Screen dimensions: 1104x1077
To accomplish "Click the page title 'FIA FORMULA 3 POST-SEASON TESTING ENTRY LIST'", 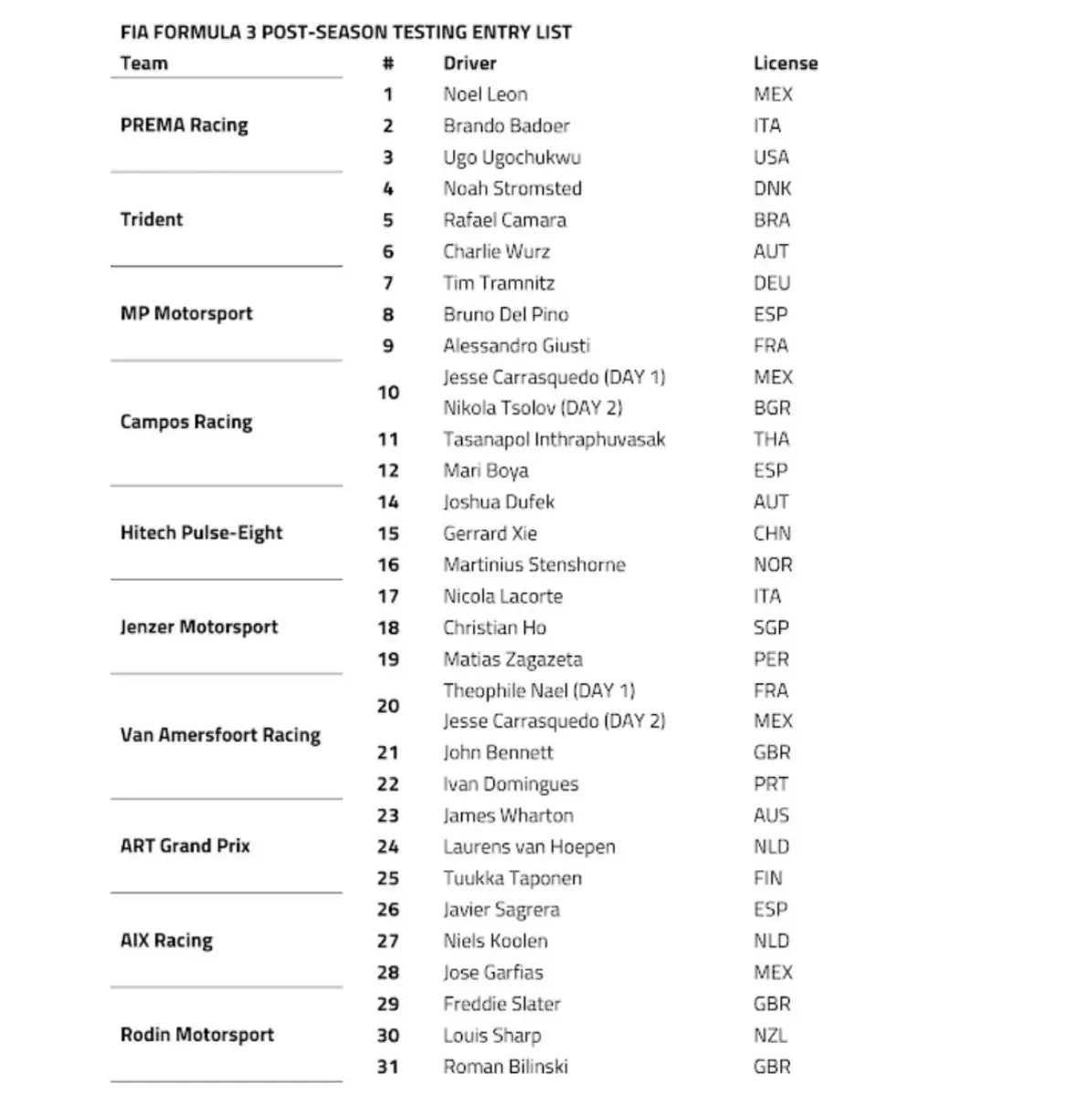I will pos(345,33).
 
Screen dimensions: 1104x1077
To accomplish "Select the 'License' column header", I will pos(785,64).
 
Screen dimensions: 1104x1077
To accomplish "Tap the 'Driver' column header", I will pos(470,64).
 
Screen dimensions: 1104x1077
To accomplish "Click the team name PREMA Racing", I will pos(184,125).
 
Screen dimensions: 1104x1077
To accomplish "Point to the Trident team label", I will pos(152,219).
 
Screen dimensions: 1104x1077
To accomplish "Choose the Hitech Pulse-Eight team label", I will pos(201,533).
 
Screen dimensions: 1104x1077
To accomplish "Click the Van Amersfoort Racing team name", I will pos(220,735).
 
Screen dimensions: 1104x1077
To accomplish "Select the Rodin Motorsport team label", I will pos(196,1035).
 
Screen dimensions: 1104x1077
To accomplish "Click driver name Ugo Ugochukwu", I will pos(512,157).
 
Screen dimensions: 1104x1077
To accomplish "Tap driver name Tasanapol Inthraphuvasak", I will pos(554,439).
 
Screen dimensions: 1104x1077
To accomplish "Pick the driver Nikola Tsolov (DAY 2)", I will pos(533,408).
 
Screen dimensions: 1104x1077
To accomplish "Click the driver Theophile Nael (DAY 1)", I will pos(538,690).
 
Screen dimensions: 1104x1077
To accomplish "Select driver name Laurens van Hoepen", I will pos(529,846).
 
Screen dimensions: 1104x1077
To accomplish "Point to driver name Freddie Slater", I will pos(502,1004).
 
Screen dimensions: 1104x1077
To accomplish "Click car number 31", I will pos(388,1067).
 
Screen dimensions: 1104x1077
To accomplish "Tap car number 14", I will pos(388,502).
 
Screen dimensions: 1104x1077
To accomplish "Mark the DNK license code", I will pos(772,189).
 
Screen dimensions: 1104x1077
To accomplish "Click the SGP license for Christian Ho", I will pos(771,628).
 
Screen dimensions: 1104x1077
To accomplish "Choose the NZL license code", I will pos(770,1036).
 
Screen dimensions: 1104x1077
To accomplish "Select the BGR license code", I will pos(772,408).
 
